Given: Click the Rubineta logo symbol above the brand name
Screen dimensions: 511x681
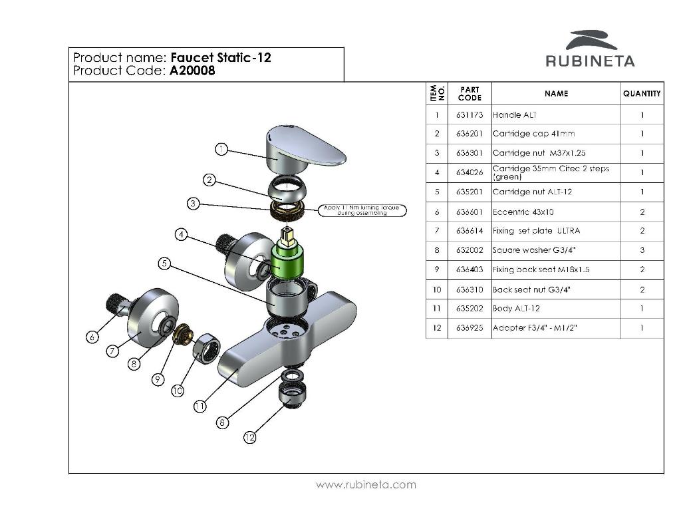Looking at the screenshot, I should [591, 39].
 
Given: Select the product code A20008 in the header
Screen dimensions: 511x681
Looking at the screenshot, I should [192, 71].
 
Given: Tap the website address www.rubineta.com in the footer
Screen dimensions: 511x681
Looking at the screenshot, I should [366, 484].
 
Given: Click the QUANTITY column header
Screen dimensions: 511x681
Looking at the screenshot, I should [642, 94].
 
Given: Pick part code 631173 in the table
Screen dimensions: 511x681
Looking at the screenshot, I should [470, 115].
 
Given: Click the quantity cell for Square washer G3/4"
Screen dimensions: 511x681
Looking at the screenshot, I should [642, 250].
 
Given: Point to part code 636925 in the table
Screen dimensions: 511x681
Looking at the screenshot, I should [470, 328].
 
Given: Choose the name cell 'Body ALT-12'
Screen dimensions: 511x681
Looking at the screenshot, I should [516, 309].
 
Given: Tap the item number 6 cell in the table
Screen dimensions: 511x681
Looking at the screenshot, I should [437, 212].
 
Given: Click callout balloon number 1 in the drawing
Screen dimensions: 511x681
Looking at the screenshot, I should [221, 149].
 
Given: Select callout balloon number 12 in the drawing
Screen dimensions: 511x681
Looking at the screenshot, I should [249, 437].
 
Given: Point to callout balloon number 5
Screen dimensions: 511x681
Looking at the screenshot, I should [165, 263].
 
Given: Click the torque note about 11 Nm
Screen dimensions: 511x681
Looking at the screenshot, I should [362, 210].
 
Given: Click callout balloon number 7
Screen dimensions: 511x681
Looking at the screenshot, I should [113, 351].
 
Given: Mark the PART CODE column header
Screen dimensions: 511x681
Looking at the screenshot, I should [470, 94].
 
